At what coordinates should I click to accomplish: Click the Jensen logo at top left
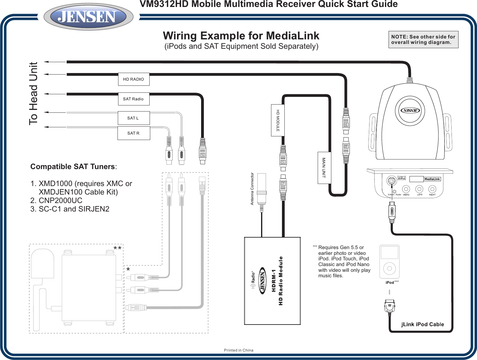(88, 17)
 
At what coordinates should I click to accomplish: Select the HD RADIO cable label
(134, 79)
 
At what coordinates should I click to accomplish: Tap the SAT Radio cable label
(134, 99)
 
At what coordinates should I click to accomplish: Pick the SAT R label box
(134, 133)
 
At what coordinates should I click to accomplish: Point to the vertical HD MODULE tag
(277, 120)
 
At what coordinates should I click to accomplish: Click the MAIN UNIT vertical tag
(324, 168)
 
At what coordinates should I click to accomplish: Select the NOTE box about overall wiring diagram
(423, 39)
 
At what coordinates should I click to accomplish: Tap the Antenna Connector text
(252, 189)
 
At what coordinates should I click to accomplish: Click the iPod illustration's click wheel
(389, 268)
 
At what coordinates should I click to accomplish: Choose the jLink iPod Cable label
(422, 324)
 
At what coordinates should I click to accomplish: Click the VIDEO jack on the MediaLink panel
(406, 189)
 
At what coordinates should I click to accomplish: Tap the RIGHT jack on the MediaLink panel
(432, 189)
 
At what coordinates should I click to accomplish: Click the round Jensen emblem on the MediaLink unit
(411, 110)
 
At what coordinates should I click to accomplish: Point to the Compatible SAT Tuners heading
(73, 167)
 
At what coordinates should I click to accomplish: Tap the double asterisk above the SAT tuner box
(118, 249)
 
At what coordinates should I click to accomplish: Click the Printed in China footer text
(238, 350)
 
